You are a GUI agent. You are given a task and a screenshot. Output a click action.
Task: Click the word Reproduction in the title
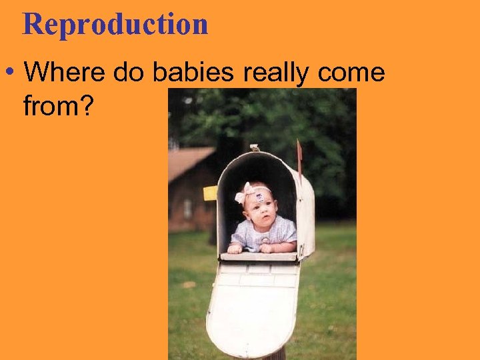tap(115, 25)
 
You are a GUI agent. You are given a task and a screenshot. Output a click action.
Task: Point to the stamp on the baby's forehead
tap(260, 198)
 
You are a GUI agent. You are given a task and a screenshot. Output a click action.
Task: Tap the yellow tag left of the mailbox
tap(210, 193)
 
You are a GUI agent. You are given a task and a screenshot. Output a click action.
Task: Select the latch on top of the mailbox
tap(254, 147)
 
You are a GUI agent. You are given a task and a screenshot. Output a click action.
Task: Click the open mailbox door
tap(253, 307)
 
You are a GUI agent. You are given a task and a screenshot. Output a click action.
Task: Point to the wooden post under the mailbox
tap(278, 353)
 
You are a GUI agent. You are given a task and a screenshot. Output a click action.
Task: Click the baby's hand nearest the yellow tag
tap(235, 248)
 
